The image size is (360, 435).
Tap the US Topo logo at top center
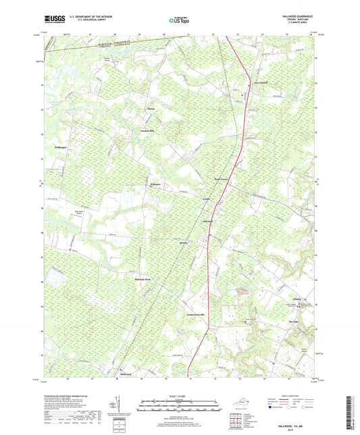[178, 22]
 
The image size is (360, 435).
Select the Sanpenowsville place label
[189, 315]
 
